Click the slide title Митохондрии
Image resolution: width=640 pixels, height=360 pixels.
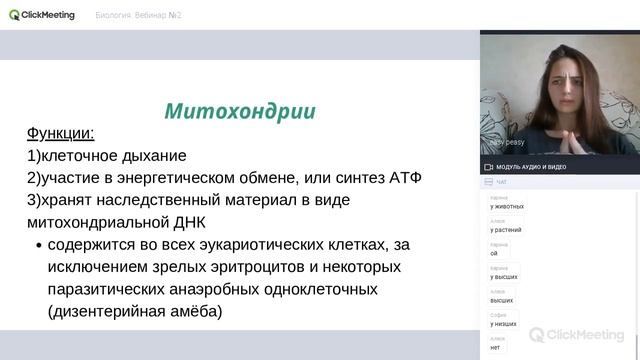click(240, 110)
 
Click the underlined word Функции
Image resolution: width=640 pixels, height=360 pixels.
click(60, 133)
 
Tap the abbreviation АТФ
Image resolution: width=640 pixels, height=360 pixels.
click(400, 177)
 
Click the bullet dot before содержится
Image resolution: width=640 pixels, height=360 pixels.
click(38, 245)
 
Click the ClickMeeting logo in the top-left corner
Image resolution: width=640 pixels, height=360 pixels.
click(42, 15)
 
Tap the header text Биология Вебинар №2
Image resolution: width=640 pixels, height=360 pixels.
click(138, 16)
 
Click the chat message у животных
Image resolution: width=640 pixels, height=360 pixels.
click(507, 207)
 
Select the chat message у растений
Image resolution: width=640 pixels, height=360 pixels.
click(505, 230)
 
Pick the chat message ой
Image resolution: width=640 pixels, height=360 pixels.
click(493, 253)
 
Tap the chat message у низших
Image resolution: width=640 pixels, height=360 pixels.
click(503, 324)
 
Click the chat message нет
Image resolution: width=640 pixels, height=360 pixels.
click(495, 347)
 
